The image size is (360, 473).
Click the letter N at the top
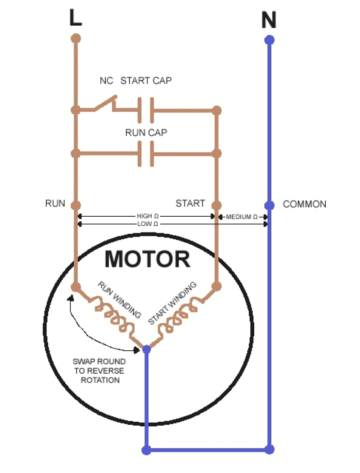click(269, 20)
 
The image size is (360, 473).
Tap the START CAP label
click(146, 81)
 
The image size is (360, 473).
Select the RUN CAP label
click(146, 133)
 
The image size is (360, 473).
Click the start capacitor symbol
click(145, 110)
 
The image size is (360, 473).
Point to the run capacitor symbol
click(145, 154)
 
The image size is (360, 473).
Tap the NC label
click(106, 81)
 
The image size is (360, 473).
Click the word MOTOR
click(147, 259)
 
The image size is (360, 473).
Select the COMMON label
click(304, 205)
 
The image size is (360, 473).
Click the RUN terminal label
click(55, 204)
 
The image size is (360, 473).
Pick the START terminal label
click(190, 204)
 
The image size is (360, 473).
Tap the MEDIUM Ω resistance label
click(242, 217)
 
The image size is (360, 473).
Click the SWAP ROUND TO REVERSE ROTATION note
click(99, 370)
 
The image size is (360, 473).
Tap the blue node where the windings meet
click(146, 349)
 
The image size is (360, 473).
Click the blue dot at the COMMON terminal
click(269, 205)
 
